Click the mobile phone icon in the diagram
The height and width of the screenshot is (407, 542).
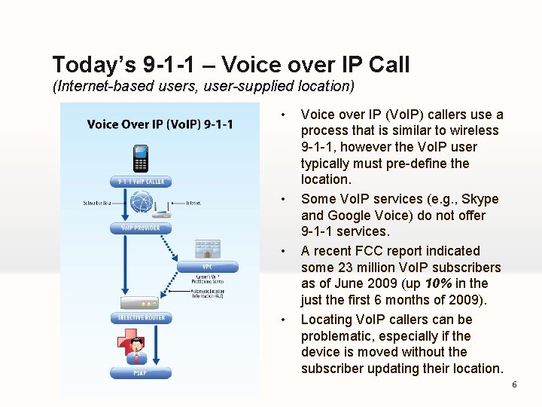(x=141, y=158)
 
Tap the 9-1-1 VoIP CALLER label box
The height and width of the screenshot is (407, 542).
(x=141, y=182)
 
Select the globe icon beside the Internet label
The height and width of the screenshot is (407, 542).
(x=142, y=203)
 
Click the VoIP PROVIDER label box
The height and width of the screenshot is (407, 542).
(x=141, y=228)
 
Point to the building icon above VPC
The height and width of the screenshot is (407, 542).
(x=207, y=249)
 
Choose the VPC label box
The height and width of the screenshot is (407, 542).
(x=207, y=266)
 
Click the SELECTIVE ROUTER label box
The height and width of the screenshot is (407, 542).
(x=141, y=318)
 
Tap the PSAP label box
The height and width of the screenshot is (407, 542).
(x=141, y=372)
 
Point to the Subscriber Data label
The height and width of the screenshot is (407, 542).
(x=99, y=203)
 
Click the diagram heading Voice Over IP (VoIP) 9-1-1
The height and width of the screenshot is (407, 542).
(x=160, y=124)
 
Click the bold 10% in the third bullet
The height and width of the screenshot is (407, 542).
(x=437, y=283)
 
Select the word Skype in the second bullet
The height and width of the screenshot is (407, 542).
(x=480, y=199)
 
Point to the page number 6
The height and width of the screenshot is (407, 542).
(x=514, y=384)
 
